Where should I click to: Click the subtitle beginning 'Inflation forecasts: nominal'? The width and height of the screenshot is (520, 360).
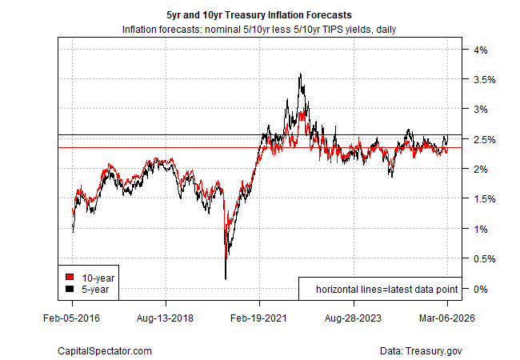260,30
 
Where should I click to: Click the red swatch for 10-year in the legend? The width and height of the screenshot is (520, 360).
70,277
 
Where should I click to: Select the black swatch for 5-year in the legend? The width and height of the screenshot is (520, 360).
70,288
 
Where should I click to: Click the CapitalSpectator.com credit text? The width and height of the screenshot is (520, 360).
105,350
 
